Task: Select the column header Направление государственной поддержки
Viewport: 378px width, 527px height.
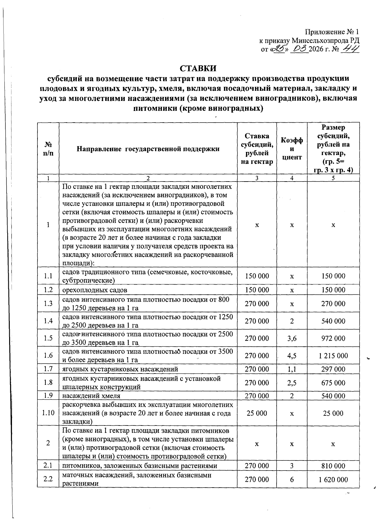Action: [148, 149]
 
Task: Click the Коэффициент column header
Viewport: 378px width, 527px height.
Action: [292, 149]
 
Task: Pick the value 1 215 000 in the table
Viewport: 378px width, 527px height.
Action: [333, 356]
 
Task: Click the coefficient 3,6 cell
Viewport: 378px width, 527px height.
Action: [292, 338]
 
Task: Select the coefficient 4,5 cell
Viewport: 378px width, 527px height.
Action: [292, 356]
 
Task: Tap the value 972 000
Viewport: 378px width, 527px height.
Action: [333, 338]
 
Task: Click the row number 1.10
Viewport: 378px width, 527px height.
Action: [48, 413]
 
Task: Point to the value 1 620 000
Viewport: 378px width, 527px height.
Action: [333, 479]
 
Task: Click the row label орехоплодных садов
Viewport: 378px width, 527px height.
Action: [95, 290]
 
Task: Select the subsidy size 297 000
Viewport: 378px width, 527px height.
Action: [333, 369]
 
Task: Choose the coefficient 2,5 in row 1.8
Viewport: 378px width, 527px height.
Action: [292, 383]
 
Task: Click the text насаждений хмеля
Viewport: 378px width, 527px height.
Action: [91, 396]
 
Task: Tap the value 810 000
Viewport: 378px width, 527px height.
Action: [333, 466]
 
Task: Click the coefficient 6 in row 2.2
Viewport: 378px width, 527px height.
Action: [292, 479]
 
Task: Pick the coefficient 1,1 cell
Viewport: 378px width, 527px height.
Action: [292, 369]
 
